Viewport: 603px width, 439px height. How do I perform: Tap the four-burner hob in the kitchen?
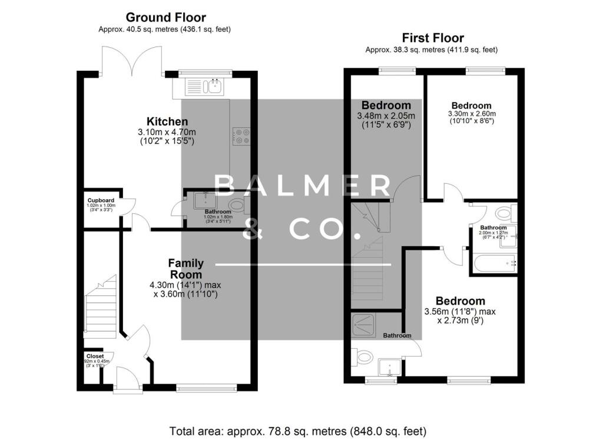tap(241, 136)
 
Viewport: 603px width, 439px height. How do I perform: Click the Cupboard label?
tap(101, 201)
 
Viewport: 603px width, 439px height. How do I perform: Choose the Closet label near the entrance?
tap(95, 357)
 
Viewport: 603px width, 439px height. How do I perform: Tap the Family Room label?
tap(185, 269)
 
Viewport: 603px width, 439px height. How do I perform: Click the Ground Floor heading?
tap(166, 18)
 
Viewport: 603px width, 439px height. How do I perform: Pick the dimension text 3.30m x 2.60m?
tap(471, 114)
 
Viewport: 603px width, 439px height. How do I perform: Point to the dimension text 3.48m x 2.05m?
tap(386, 115)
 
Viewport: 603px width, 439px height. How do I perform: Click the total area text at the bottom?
tap(297, 430)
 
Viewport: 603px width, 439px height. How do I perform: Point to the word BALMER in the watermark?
tap(303, 186)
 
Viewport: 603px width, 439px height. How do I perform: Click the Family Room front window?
tap(206, 388)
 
